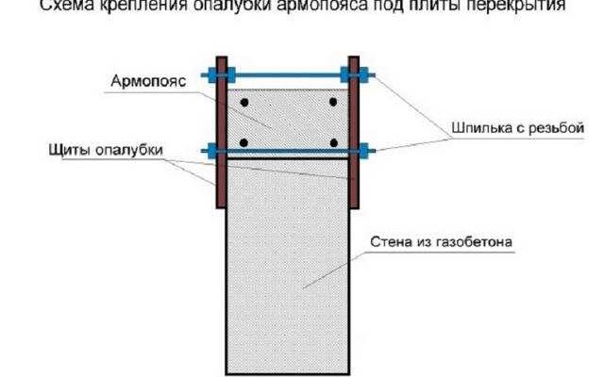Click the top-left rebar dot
[243, 101]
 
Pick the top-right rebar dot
[331, 101]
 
